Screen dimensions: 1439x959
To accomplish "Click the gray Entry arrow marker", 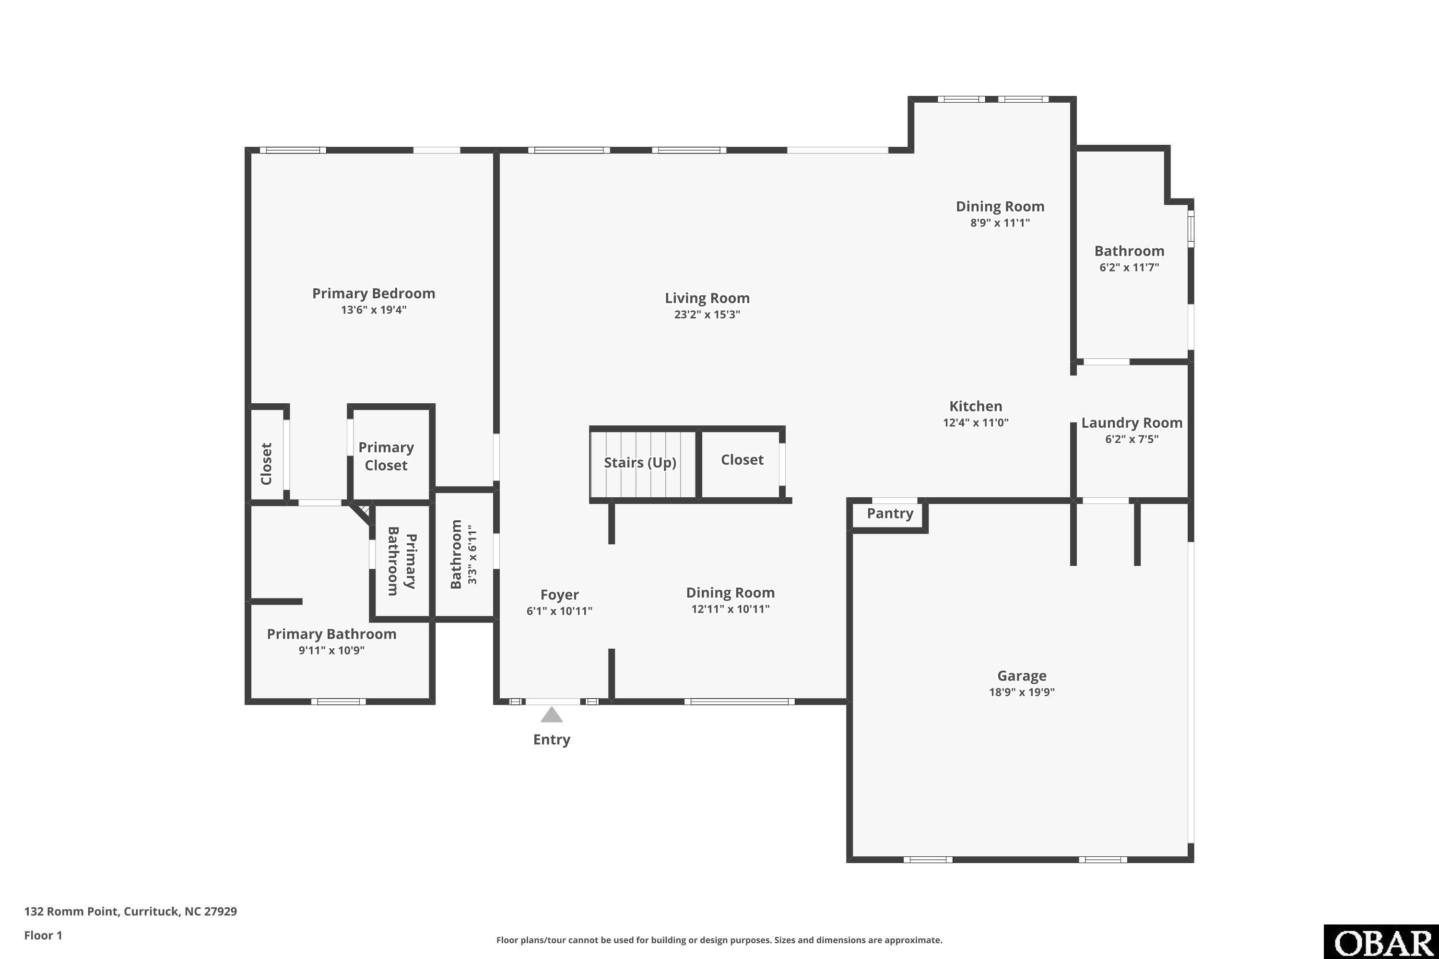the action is (x=551, y=714).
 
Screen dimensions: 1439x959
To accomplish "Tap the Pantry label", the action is (x=890, y=514).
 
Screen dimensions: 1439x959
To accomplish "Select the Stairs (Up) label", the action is (x=640, y=462).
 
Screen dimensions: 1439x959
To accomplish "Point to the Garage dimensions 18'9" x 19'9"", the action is (x=1022, y=692).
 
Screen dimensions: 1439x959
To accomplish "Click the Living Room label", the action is (x=707, y=298).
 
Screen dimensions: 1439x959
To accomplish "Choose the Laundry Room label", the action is (x=1131, y=422).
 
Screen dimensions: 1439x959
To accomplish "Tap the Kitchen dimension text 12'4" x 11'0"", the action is (x=975, y=422).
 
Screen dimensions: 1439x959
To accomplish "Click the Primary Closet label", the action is (x=386, y=456).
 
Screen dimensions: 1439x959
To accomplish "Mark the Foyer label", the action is (x=559, y=595).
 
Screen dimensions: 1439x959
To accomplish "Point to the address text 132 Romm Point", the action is (x=71, y=912).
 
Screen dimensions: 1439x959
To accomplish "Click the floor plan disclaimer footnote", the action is (x=719, y=940).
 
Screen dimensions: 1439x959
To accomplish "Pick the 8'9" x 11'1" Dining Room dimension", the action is (x=1000, y=222).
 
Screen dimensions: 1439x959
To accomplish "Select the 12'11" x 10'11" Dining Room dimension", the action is (x=730, y=608).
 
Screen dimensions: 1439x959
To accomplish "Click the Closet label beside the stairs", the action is (x=742, y=460).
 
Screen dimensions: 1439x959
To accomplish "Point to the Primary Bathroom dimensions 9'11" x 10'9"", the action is (x=331, y=650).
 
